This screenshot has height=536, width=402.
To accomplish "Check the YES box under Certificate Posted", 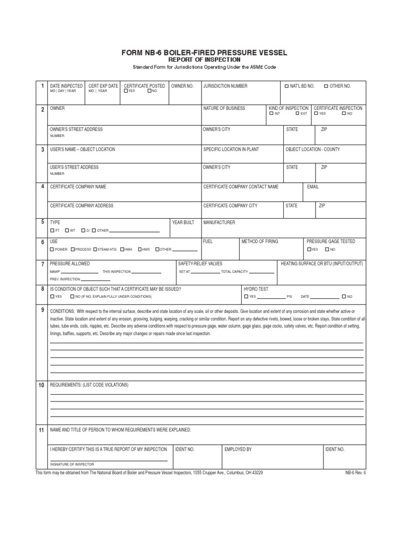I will pos(126,91).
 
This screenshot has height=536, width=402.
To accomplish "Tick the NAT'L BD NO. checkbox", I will pos(286,86).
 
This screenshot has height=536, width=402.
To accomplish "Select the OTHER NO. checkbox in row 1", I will pos(326,86).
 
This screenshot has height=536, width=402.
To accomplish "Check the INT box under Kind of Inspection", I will pos(271,114).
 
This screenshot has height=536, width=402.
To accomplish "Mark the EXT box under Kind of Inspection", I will pos(297,114).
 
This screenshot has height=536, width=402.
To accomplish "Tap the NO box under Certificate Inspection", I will pos(343,114).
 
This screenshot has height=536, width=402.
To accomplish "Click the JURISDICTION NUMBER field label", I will pos(225,86).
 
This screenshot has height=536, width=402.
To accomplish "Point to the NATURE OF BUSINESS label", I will pos(224,108).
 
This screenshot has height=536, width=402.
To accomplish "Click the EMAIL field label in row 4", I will pos(313,186).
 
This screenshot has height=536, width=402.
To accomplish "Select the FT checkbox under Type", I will pos(51,230).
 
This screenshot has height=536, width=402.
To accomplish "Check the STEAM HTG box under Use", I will pos(94,250).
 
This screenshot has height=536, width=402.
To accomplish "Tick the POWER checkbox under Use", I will pos(51,250).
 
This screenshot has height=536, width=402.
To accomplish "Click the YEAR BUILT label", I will pos(183,222).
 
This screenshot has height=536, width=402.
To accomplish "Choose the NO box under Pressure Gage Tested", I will pos(327,250).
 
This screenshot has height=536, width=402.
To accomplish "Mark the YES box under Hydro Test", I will pos(245,297).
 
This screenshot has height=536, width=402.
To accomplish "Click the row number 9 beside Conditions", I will pos(42,310).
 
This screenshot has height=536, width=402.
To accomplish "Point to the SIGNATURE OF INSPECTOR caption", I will pos(72,464).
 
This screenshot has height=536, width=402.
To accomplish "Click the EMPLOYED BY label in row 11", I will pos(238,449).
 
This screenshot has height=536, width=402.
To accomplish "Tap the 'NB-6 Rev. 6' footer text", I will pos(356,473).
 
